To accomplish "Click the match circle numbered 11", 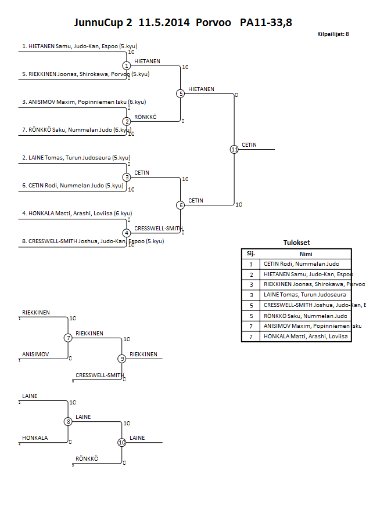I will click(x=234, y=149).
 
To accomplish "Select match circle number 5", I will click(x=180, y=93).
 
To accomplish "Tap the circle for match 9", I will click(x=122, y=359).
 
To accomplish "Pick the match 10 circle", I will click(x=122, y=442).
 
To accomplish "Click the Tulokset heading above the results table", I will click(x=296, y=243).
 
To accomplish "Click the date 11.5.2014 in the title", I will click(x=164, y=23).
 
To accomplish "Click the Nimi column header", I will click(x=306, y=254).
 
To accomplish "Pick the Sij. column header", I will click(x=251, y=254).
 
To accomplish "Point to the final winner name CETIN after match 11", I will click(x=249, y=145).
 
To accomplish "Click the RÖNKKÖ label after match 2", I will click(x=145, y=117).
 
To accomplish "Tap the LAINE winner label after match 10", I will click(x=137, y=438).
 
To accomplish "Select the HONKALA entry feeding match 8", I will click(x=35, y=438).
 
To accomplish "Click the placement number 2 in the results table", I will click(x=251, y=274).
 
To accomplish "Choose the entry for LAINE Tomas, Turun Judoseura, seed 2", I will click(x=76, y=157).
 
